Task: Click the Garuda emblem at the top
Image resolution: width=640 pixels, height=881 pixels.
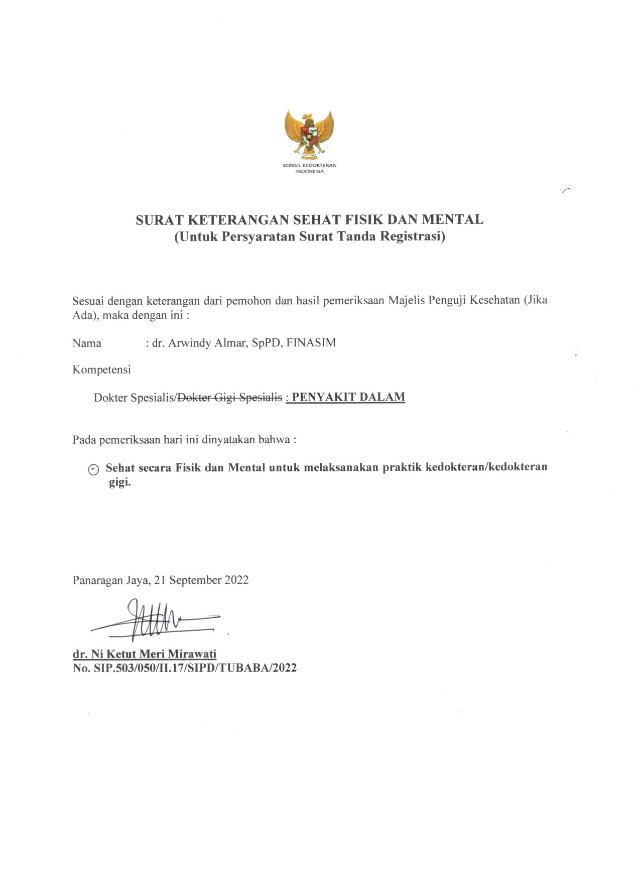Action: point(309,133)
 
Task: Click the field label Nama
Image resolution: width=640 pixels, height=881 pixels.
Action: point(87,343)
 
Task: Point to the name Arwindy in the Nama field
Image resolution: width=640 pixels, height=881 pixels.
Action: point(193,343)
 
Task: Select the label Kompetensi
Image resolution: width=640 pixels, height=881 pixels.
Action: point(101,370)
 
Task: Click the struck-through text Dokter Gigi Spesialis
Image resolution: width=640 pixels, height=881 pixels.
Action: point(230,398)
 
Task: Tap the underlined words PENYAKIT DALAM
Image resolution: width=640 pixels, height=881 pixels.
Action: point(348,397)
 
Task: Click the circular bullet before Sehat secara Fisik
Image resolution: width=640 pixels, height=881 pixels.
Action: point(93,469)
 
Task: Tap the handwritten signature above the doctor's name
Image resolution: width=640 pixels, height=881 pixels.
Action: point(151,620)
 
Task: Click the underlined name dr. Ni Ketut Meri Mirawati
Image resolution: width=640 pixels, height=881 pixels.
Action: point(145,654)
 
